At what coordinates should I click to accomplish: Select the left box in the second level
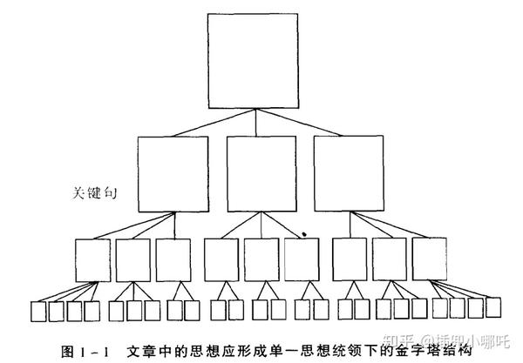[x=173, y=174]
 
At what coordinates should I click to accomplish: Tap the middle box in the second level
[x=261, y=174]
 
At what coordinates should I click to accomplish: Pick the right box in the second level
[x=349, y=174]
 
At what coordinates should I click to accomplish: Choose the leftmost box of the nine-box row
[x=92, y=259]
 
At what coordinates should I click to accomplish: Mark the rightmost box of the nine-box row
[x=430, y=259]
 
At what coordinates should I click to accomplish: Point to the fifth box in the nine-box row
[x=261, y=259]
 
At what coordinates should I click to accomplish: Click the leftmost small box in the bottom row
[x=37, y=311]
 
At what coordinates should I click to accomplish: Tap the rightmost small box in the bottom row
[x=494, y=307]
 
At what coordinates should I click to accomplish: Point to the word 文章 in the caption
[x=139, y=351]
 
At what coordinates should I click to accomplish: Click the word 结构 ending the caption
[x=457, y=351]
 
